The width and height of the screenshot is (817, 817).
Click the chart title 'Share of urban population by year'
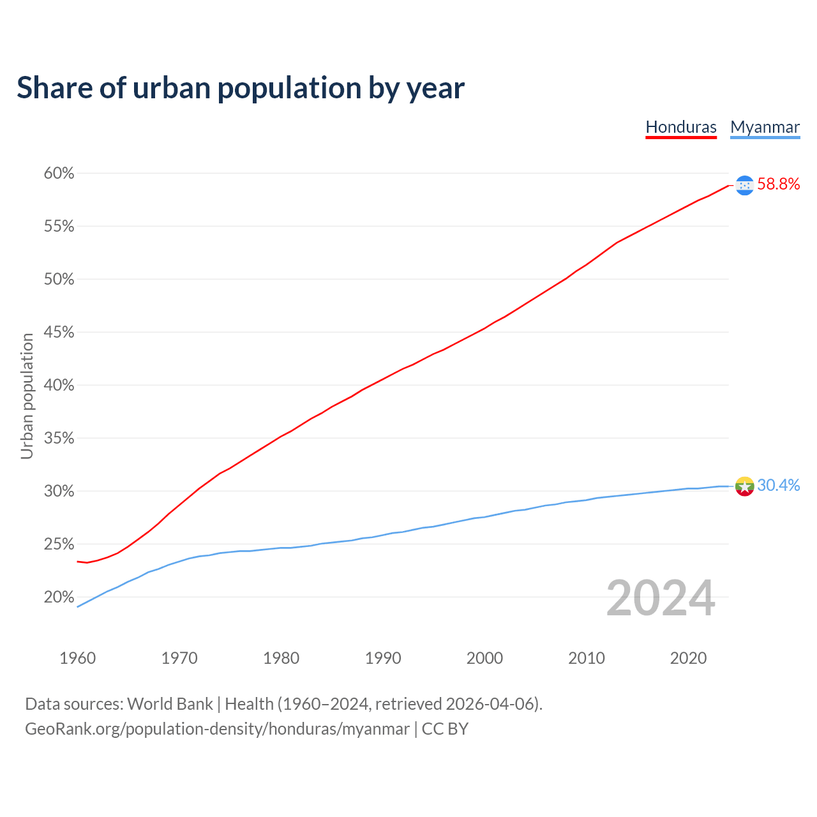[x=241, y=88]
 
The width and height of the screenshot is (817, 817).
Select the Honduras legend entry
[x=681, y=127]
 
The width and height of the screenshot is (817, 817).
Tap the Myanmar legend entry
[x=765, y=127]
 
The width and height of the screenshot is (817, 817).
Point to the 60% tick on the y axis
[x=59, y=174]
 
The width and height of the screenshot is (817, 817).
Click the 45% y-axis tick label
[x=59, y=333]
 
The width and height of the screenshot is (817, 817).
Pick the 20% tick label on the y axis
[x=59, y=597]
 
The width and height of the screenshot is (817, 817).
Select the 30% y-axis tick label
[x=59, y=491]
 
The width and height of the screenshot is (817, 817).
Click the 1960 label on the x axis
[x=78, y=658]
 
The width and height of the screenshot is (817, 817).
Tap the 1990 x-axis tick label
[x=383, y=658]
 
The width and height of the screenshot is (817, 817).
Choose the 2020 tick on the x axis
[x=688, y=658]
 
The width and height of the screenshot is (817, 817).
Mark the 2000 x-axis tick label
[x=484, y=658]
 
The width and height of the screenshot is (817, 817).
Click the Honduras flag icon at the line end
[x=745, y=185]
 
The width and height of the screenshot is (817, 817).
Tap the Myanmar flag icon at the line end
[x=745, y=486]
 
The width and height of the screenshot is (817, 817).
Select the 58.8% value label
[x=779, y=184]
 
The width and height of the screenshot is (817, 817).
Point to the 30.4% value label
[x=779, y=486]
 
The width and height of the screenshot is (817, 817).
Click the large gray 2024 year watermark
[x=661, y=598]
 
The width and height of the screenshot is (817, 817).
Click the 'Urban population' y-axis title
[x=27, y=396]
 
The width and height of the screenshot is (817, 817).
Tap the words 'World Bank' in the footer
[x=170, y=704]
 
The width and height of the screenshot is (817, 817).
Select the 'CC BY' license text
[x=445, y=729]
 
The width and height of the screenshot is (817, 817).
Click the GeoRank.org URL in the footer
[x=217, y=729]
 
